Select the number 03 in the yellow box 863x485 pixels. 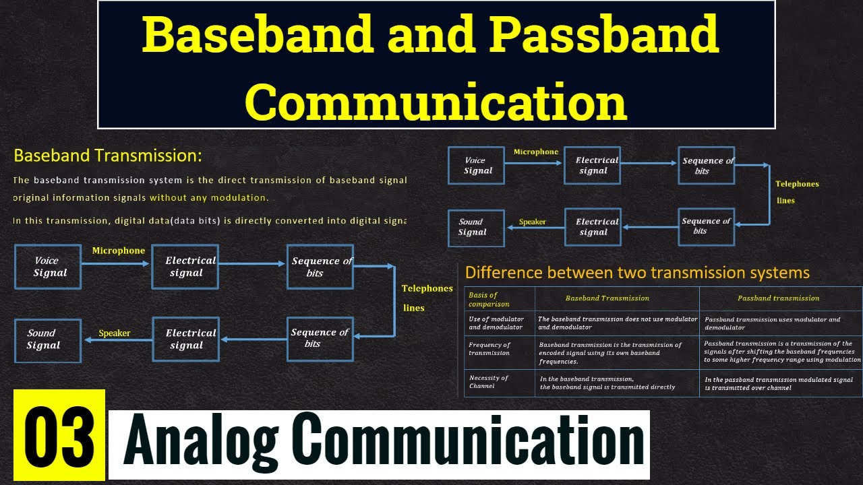coord(59,435)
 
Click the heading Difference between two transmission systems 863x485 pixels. coord(637,273)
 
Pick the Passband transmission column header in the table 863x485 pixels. coord(779,298)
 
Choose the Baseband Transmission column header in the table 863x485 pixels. coord(607,298)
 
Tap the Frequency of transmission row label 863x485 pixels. coord(489,349)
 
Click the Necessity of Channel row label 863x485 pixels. coord(489,382)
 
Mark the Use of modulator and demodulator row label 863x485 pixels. coord(496,323)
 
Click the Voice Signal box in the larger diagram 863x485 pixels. coord(48,267)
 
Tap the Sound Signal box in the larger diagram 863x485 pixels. coord(47,339)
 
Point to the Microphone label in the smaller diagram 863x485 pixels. coord(536,152)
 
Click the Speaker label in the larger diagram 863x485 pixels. coord(114,333)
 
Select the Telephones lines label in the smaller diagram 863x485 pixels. coord(796,192)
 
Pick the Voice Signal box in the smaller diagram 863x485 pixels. coord(476,166)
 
